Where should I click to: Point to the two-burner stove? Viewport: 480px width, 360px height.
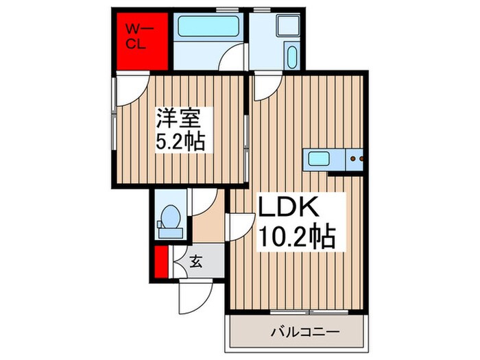[x=355, y=158]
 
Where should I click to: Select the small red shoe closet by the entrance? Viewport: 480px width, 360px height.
[x=161, y=265]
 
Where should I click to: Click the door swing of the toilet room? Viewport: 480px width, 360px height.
[x=203, y=203]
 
